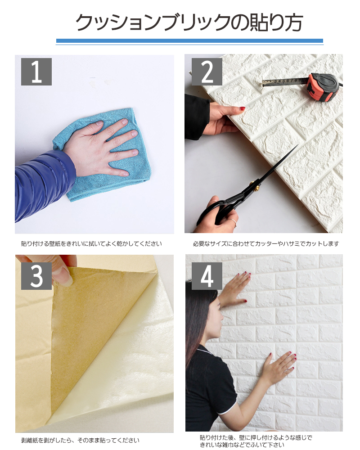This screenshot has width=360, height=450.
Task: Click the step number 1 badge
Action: pos(36,72)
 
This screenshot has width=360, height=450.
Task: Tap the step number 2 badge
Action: pos(207,72)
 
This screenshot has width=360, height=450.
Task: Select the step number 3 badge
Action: pos(36,276)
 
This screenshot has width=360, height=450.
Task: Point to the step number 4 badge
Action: pos(207,276)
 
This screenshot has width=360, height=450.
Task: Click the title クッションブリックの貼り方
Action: pos(189,22)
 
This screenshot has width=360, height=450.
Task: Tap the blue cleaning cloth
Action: pos(106,155)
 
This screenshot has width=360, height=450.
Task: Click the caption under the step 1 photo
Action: pos(92,244)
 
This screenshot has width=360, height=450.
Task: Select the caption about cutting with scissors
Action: pos(266,244)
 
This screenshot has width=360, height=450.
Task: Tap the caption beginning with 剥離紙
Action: pos(81,440)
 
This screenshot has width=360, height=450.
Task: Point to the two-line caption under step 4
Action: pos(256,441)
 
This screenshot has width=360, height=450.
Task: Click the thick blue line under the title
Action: pos(189,41)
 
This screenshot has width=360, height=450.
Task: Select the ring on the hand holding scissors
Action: pos(234,221)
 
